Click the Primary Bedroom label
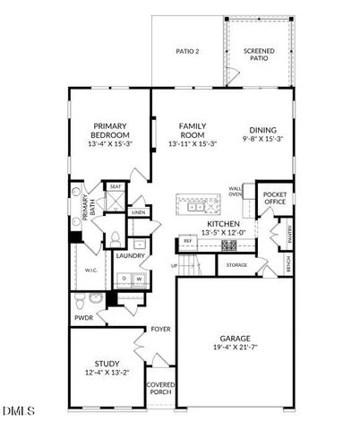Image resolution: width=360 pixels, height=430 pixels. pyautogui.click(x=109, y=126)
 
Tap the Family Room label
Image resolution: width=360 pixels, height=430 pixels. pyautogui.click(x=193, y=126)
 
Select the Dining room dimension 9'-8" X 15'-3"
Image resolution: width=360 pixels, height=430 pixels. pyautogui.click(x=264, y=139)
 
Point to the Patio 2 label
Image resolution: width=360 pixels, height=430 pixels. pyautogui.click(x=185, y=51)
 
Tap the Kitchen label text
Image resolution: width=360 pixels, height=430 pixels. pyautogui.click(x=223, y=223)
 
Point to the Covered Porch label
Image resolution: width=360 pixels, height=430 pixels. pyautogui.click(x=160, y=388)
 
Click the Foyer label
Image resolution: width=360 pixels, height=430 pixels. pyautogui.click(x=160, y=329)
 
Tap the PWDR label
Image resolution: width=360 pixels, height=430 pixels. pyautogui.click(x=84, y=318)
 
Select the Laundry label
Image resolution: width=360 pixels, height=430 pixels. pyautogui.click(x=131, y=256)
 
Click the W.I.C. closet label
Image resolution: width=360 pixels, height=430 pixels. pyautogui.click(x=90, y=270)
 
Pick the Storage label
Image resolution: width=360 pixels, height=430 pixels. pyautogui.click(x=236, y=265)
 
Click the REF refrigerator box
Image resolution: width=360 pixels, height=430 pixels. pyautogui.click(x=189, y=241)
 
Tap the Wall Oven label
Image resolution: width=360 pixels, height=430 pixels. pyautogui.click(x=235, y=190)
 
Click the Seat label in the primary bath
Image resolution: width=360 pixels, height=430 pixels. pyautogui.click(x=116, y=186)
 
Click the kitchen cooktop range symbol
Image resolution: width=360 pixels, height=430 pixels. pyautogui.click(x=227, y=244)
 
